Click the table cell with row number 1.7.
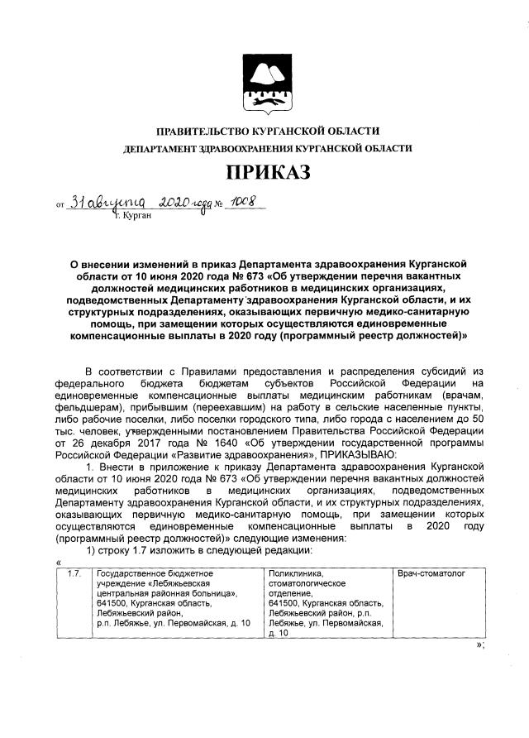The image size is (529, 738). [73, 572]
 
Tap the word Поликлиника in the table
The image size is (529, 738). [296, 572]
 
